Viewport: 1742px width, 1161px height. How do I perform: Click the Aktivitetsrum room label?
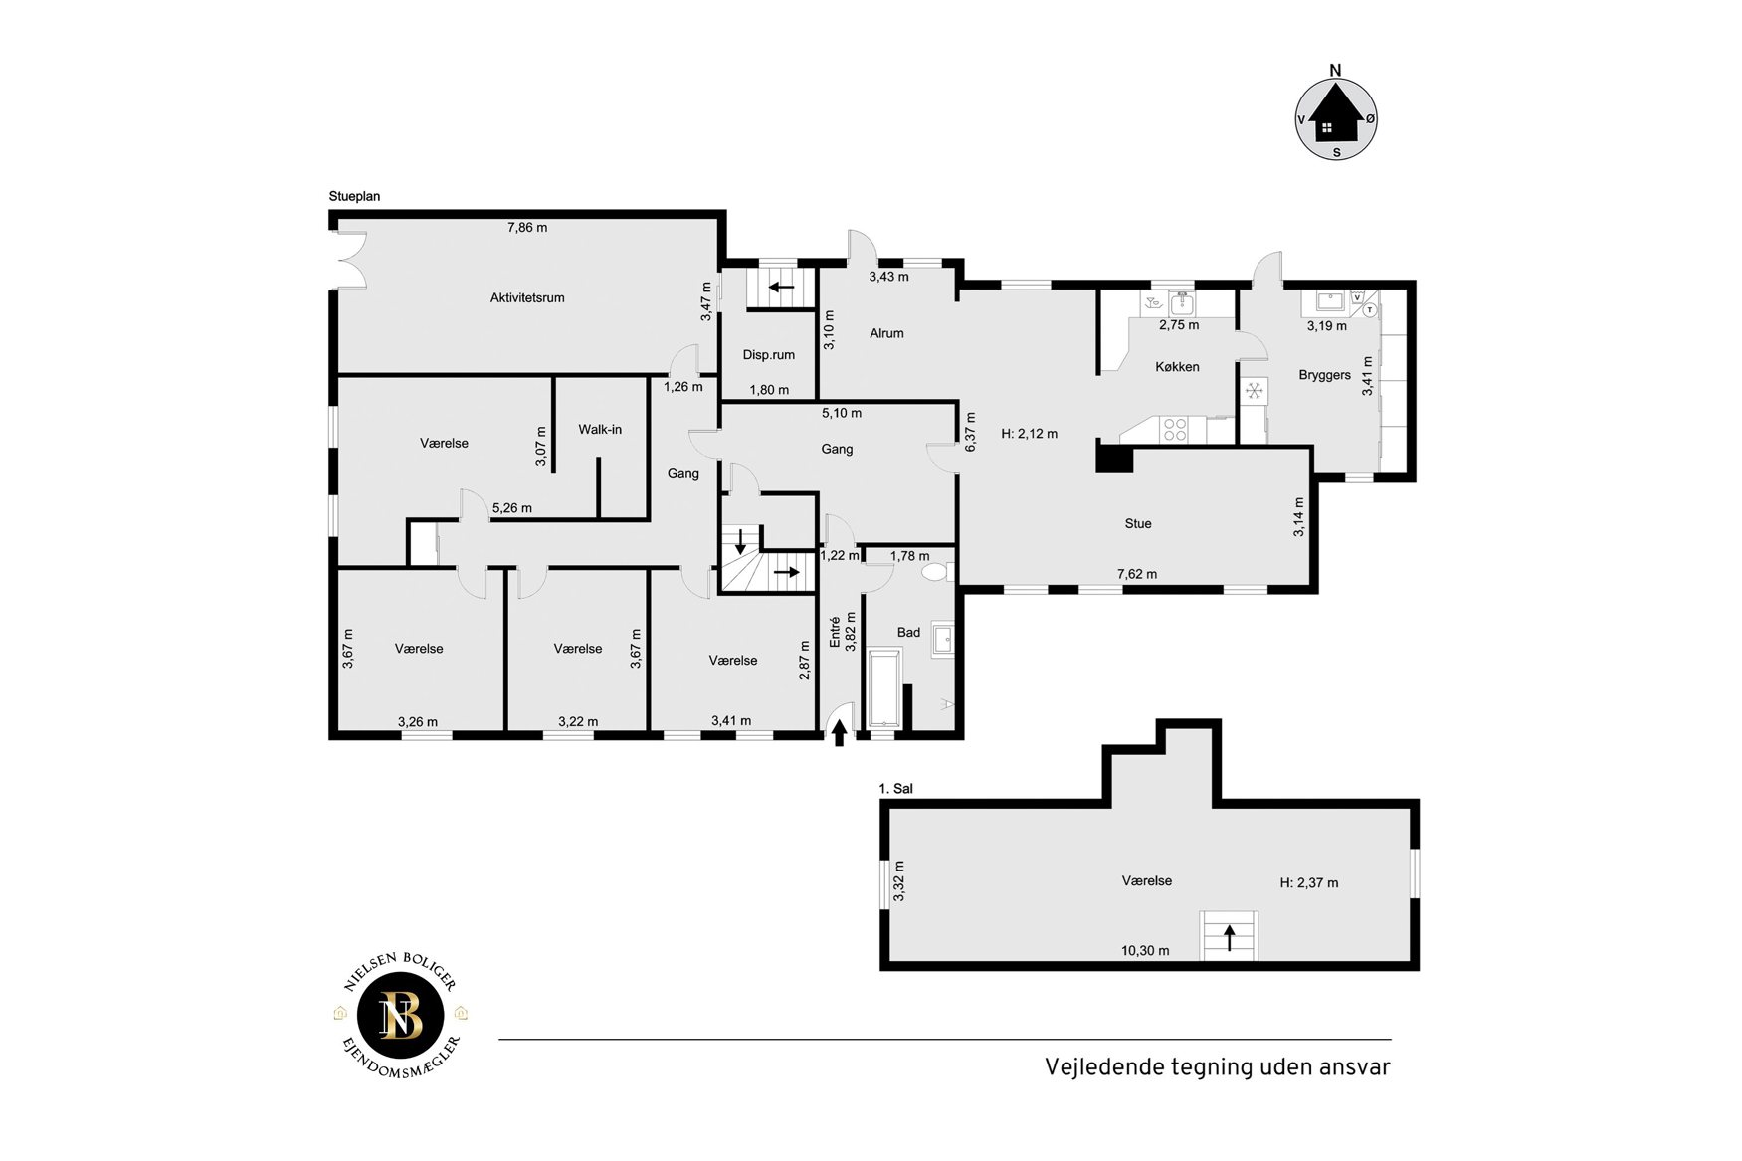coord(527,297)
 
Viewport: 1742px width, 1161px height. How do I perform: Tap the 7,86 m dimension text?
coord(527,227)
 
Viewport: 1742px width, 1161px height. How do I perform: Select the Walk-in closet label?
coord(600,429)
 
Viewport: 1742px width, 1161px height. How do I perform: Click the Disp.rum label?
coord(769,355)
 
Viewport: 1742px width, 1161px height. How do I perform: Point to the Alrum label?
coord(886,333)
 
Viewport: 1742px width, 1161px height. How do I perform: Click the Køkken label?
coord(1177,366)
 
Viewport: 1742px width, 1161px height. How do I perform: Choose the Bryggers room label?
coord(1324,375)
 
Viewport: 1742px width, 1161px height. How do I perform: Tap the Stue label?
coord(1138,523)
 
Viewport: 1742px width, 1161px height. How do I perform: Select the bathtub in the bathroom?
coord(883,688)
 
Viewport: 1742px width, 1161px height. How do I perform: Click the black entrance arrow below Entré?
coord(839,733)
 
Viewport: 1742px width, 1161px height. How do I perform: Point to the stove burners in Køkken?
coord(1175,429)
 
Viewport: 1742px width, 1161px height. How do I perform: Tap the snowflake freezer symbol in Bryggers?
coord(1254,390)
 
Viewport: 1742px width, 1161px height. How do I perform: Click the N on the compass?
coord(1336,70)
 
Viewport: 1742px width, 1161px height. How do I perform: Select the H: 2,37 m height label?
coord(1309,882)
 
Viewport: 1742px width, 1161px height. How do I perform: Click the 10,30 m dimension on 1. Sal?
coord(1145,950)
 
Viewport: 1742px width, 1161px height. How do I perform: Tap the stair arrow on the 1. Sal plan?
coord(1230,937)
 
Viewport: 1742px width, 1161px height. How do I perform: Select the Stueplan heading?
coord(354,196)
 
